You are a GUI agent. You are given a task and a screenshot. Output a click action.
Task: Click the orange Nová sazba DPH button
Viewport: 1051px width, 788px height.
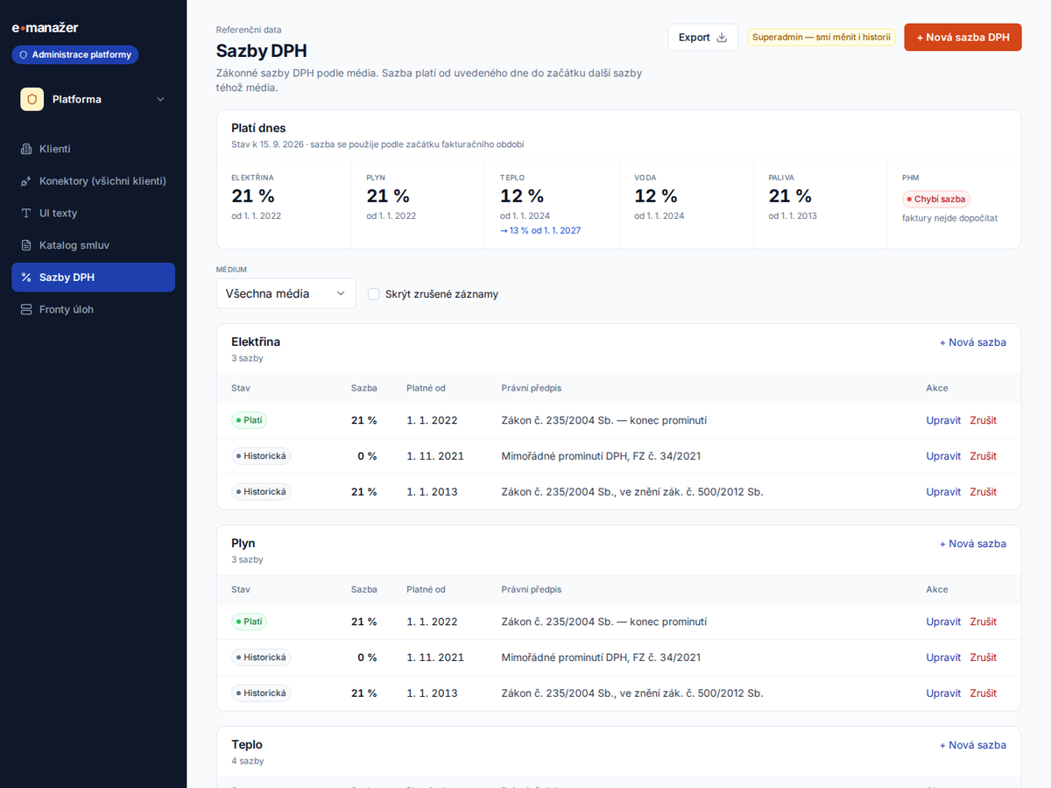[963, 38]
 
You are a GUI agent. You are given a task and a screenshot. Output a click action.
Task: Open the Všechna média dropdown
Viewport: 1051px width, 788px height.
[286, 293]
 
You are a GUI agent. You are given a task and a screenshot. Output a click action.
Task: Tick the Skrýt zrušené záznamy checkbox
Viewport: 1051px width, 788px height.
[373, 294]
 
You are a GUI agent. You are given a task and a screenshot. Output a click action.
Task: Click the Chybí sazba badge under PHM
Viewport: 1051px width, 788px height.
[935, 199]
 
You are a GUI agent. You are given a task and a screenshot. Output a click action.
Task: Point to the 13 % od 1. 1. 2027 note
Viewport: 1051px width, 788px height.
[540, 230]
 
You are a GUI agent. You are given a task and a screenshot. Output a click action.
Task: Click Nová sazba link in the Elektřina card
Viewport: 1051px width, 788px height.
[972, 342]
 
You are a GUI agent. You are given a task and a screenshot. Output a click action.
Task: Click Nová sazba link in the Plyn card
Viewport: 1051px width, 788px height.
[972, 544]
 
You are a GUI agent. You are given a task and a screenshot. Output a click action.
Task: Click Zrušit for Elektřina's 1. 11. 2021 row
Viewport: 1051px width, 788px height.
[983, 456]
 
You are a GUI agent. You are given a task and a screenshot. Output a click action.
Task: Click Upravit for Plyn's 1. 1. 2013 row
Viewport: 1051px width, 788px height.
[943, 693]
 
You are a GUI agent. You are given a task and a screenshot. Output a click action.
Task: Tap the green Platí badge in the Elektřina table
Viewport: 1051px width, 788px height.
[249, 420]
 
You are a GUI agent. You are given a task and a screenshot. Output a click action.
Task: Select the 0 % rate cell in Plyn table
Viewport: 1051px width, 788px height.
[367, 658]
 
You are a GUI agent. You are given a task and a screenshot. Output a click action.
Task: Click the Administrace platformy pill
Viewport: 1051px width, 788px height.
[75, 54]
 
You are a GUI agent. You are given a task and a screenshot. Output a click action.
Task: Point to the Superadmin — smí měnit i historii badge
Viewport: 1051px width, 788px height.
[822, 38]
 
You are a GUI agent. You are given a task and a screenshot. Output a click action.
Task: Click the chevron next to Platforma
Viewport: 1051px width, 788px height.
[161, 99]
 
